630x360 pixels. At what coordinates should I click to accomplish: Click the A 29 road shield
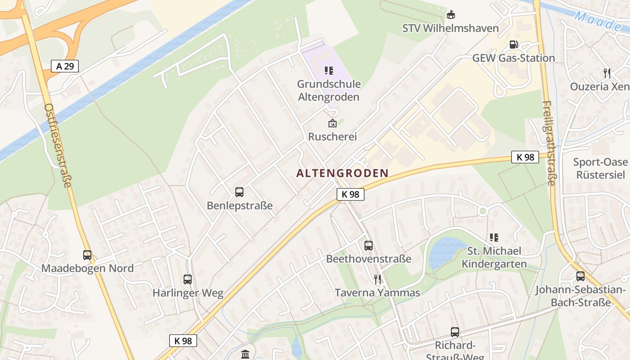[65, 66]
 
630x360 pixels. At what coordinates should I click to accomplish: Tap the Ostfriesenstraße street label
[58, 145]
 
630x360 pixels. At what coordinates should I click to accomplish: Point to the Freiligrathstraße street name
[549, 143]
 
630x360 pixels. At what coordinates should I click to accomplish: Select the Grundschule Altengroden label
[328, 90]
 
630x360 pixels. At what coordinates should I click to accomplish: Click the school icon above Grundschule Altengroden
[328, 71]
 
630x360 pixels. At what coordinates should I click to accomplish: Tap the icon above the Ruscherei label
[332, 123]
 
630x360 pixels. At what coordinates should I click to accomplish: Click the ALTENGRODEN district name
[342, 173]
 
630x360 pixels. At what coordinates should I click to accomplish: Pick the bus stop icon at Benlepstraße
[239, 192]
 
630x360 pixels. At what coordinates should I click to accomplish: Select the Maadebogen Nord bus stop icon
[87, 255]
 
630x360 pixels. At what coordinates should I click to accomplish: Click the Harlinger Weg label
[188, 293]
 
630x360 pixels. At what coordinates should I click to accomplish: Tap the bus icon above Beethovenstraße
[369, 245]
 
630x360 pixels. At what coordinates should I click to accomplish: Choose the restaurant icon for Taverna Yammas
[378, 279]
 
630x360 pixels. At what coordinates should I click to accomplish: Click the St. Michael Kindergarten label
[494, 257]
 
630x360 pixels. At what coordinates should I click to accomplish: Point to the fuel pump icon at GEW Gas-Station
[513, 45]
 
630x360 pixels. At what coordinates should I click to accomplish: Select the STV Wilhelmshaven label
[450, 28]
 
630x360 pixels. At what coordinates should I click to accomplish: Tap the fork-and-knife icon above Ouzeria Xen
[607, 73]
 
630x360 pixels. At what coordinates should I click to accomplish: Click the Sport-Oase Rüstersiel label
[600, 168]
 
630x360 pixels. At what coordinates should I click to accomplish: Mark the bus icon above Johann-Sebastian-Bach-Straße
[580, 276]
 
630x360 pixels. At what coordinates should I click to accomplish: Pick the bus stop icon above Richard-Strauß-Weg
[455, 332]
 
